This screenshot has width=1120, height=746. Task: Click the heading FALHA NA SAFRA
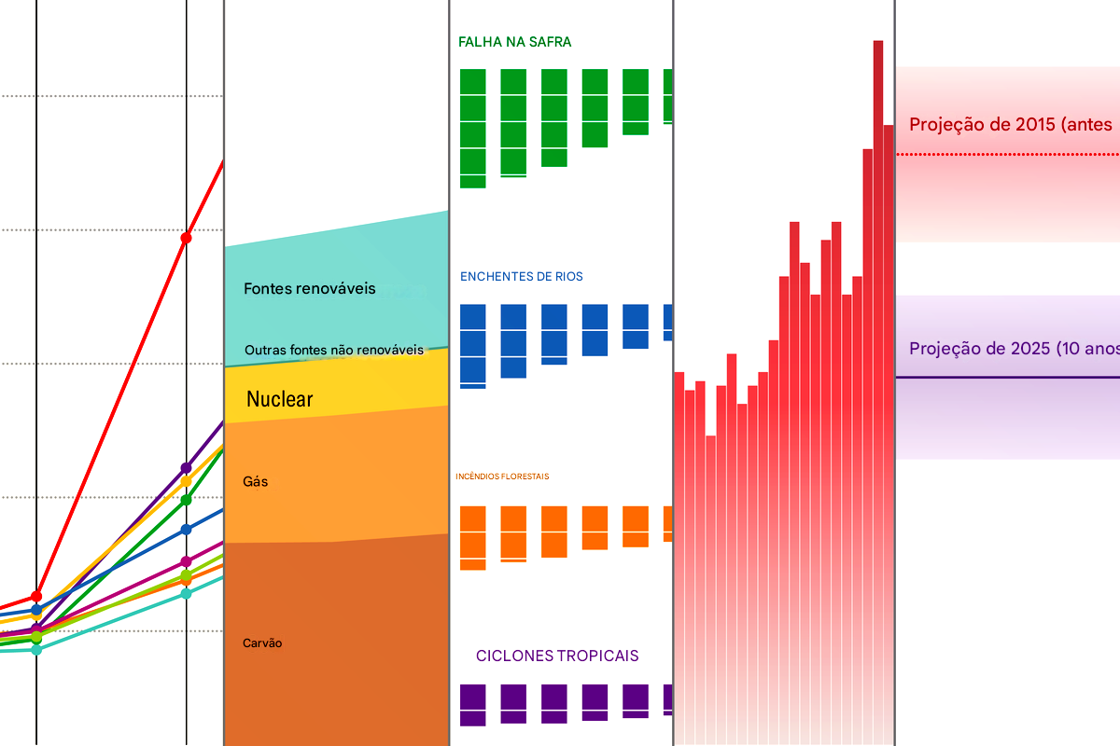(x=514, y=42)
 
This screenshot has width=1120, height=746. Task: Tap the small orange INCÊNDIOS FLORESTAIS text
(x=502, y=477)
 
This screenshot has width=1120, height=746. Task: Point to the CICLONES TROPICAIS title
(x=557, y=656)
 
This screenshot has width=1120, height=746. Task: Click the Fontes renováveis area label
(x=309, y=288)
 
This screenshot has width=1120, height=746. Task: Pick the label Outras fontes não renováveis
(x=333, y=351)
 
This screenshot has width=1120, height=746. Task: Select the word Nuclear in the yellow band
(x=279, y=400)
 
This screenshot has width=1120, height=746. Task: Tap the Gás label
(x=255, y=482)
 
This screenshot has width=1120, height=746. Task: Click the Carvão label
(x=262, y=643)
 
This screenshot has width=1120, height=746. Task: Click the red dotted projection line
(x=1008, y=154)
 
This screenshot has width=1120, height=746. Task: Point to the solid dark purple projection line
(x=1008, y=378)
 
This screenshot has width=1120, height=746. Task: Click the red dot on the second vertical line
(x=186, y=239)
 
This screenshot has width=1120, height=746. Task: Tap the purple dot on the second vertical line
(x=186, y=466)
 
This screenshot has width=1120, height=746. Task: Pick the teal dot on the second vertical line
(x=186, y=593)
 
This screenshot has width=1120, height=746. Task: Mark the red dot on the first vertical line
(x=36, y=596)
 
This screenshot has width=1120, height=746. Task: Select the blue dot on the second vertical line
(x=186, y=529)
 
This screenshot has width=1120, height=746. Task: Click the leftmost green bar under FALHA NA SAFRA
(x=473, y=128)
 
